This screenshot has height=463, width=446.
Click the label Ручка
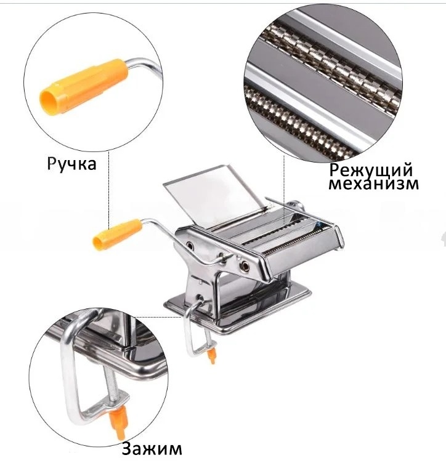(x=72, y=164)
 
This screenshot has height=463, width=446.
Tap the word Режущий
(x=371, y=171)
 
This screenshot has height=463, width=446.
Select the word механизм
(x=374, y=183)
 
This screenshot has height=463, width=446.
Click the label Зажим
(x=152, y=448)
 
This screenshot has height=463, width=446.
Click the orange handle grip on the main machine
(x=117, y=233)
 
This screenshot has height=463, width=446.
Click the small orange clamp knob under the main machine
(x=211, y=356)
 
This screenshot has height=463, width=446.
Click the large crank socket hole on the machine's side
(x=245, y=266)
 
